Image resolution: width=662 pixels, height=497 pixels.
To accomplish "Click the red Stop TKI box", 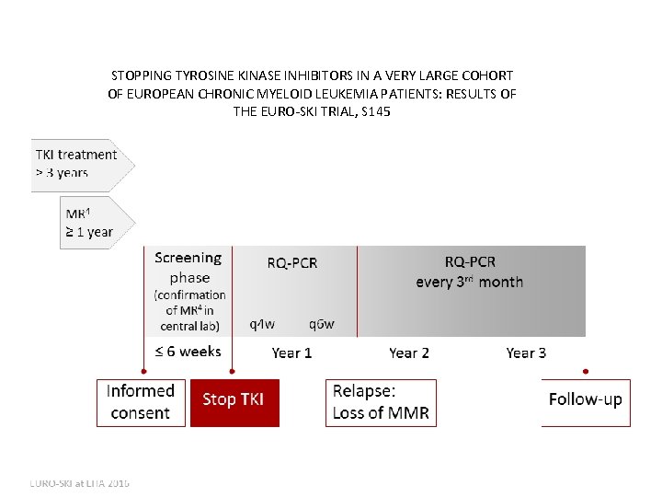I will (234, 400).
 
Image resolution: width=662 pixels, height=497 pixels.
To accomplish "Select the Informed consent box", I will (140, 402).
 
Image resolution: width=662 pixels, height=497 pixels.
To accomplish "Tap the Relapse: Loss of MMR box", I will (381, 402).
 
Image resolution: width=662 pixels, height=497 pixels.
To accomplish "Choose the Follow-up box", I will (585, 399).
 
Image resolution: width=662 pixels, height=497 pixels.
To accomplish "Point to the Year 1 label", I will (291, 353).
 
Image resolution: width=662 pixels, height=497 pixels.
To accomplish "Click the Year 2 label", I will (409, 353).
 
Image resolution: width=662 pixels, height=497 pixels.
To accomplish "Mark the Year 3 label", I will (526, 353).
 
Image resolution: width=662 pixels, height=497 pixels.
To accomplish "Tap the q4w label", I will (262, 324).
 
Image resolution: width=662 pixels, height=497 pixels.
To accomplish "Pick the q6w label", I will (322, 324).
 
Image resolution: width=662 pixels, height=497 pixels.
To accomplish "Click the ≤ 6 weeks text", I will (188, 351).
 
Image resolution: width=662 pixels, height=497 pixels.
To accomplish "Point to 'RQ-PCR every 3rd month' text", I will (469, 272).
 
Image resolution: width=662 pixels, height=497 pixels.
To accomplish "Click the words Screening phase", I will (188, 268).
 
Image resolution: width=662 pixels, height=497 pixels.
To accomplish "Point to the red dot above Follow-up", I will (586, 372).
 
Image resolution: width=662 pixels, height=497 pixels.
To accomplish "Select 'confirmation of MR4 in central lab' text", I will (189, 310).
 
